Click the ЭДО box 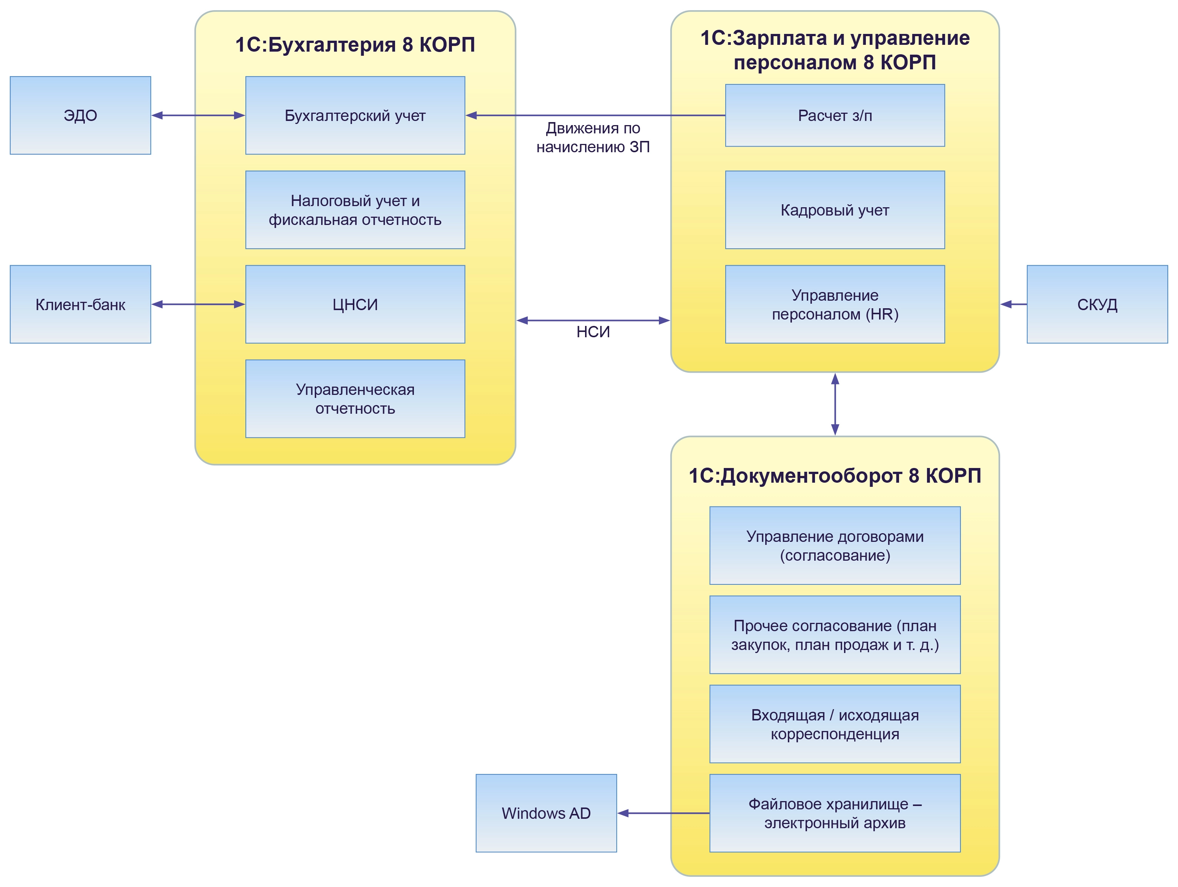(80, 116)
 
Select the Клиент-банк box (80, 304)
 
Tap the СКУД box (1097, 304)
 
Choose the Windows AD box (546, 813)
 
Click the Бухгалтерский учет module (355, 116)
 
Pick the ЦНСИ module (355, 304)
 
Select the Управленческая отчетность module (355, 399)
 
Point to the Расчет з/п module (835, 116)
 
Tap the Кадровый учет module (835, 210)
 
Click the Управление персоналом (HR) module (835, 304)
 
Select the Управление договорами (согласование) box (835, 546)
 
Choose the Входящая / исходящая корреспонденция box (835, 724)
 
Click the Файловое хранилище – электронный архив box (835, 813)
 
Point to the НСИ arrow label (593, 332)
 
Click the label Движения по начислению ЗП (593, 138)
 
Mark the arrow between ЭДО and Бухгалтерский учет (198, 116)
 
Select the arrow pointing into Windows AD (663, 813)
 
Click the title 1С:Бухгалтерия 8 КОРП (355, 45)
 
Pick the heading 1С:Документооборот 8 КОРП (835, 476)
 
